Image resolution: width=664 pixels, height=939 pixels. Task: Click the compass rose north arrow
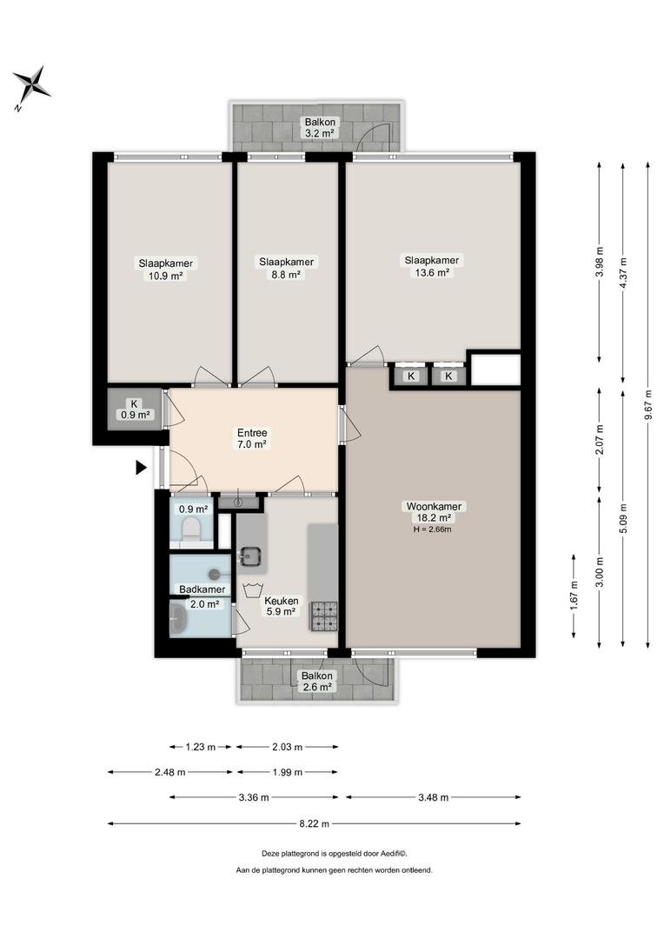(x=32, y=88)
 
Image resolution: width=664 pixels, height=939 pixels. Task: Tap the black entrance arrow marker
(x=141, y=467)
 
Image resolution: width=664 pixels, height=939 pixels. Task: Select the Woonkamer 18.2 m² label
(x=434, y=512)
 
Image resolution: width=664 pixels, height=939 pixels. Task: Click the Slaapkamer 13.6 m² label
(x=432, y=267)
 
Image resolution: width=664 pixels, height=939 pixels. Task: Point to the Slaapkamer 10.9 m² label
(x=166, y=270)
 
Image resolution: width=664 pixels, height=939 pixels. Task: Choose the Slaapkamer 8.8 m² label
(x=286, y=269)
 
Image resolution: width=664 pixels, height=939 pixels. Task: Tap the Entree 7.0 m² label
(x=252, y=438)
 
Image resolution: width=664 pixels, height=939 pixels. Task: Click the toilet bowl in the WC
(x=191, y=529)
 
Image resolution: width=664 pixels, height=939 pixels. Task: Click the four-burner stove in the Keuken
(x=323, y=616)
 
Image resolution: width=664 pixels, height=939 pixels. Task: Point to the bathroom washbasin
(x=178, y=619)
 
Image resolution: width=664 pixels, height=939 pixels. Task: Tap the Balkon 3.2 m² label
(x=320, y=128)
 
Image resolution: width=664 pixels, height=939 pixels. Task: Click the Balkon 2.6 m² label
(x=316, y=682)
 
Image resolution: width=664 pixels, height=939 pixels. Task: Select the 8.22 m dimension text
(x=315, y=823)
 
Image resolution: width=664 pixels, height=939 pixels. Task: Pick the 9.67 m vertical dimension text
(x=648, y=405)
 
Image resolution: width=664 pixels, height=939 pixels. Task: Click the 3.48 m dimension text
(x=433, y=797)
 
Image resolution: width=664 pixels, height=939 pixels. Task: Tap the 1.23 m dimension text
(x=200, y=747)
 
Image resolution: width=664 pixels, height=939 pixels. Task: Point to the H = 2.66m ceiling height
(x=432, y=529)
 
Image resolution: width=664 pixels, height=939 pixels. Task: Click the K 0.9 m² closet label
(x=135, y=409)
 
